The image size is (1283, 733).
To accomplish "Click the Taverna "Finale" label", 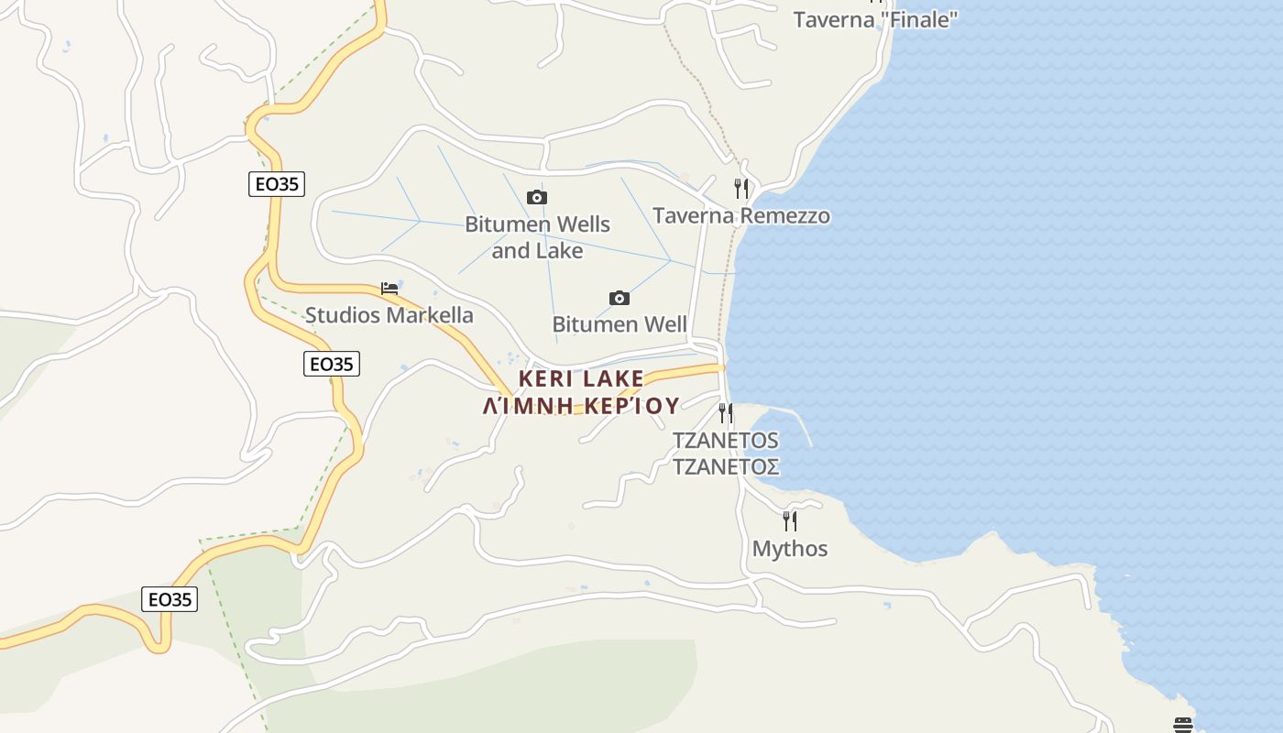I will pos(874,19).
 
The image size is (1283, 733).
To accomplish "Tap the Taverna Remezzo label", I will pos(740,215).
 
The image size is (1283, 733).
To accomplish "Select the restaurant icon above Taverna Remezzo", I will pos(740,189).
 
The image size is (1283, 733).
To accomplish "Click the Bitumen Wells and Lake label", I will pos(537,236).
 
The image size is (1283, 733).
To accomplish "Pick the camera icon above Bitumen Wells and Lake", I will pos(537,197).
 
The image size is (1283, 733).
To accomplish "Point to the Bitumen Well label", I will pos(620,323).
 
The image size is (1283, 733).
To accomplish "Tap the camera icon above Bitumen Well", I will pos(620,298).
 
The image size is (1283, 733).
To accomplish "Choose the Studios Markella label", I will pos(389,315).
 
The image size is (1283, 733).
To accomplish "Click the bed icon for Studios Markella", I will pos(389,289).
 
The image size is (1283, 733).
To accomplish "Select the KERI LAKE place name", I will pos(581,378).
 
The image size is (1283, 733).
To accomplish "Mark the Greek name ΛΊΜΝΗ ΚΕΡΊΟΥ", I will pos(581,405).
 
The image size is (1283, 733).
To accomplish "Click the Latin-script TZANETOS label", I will pos(725,440).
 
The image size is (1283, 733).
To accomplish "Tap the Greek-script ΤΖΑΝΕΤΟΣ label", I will pos(725,466).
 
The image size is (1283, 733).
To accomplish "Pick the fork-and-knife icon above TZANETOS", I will pos(725,413).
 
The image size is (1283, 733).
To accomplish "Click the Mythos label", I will pos(789,548).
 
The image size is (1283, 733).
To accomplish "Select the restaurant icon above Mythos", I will pos(789,521).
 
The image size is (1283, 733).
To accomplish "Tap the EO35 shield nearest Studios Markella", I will pos(331,364).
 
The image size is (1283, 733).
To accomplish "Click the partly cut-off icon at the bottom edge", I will pos(1183,726).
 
